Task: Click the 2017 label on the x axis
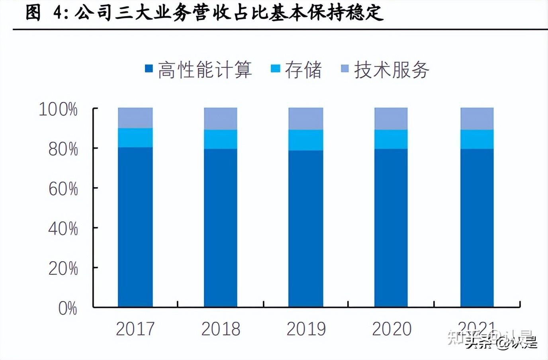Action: (x=135, y=329)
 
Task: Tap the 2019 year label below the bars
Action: (x=306, y=329)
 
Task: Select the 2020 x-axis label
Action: (x=391, y=329)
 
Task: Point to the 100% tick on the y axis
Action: (x=58, y=109)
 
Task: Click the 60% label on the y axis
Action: (x=63, y=189)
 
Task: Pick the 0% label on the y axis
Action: (x=68, y=308)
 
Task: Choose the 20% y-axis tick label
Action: (x=63, y=268)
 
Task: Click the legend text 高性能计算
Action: (x=205, y=70)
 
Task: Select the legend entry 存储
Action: (x=303, y=70)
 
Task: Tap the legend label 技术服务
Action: (x=391, y=70)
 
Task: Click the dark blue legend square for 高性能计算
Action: (x=149, y=68)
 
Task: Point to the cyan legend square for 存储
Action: (x=275, y=68)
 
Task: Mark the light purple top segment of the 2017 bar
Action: (x=135, y=118)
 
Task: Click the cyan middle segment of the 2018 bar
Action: (x=221, y=139)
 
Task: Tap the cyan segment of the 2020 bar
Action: (x=391, y=139)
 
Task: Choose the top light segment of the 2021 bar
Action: (x=477, y=118)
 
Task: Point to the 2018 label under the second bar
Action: (x=221, y=329)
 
